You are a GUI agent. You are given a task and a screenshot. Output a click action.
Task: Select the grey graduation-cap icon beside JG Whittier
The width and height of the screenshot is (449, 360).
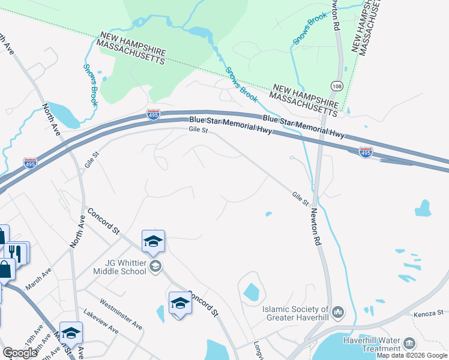[x=155, y=266]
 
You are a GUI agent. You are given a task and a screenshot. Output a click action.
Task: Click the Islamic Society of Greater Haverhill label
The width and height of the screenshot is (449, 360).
[x=297, y=314]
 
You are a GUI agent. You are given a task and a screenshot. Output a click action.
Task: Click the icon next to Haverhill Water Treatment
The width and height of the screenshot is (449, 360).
[x=409, y=343]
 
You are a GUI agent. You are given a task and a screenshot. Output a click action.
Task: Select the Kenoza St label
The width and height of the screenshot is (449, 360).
[x=428, y=313]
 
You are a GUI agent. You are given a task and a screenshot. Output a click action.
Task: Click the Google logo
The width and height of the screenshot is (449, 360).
[x=20, y=353]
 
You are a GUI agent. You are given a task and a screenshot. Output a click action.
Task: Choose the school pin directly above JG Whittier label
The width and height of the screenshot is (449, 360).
[x=153, y=241]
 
